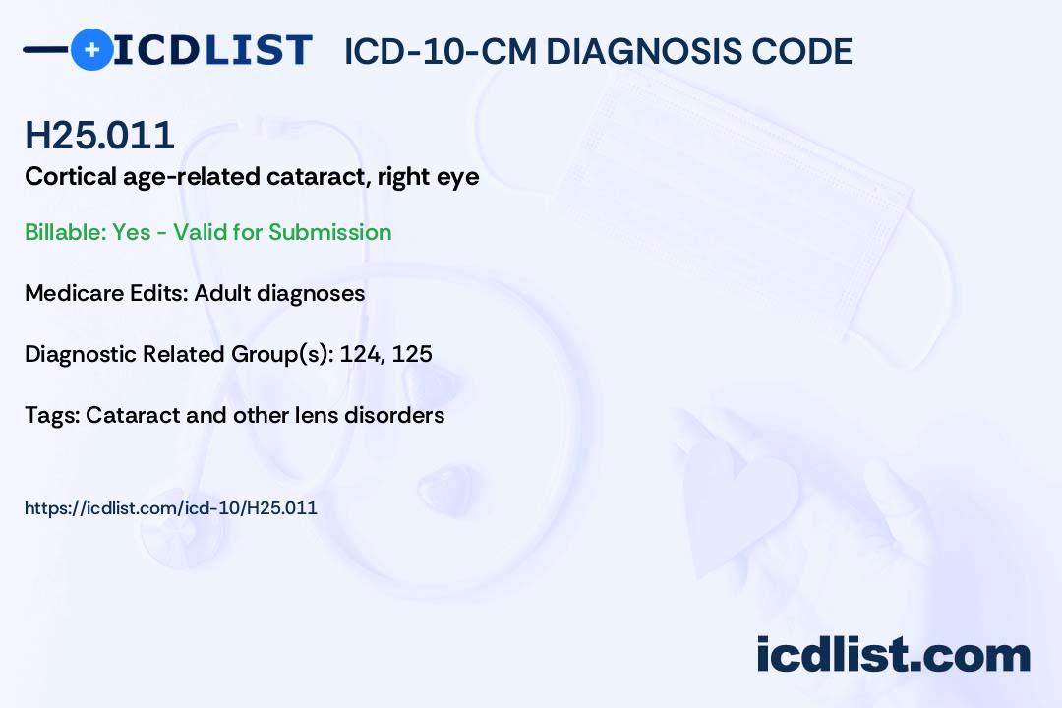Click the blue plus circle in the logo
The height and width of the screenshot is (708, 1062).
pyautogui.click(x=91, y=49)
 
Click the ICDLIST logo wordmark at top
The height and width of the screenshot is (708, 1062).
pyautogui.click(x=211, y=49)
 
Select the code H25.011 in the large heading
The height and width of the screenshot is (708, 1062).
pyautogui.click(x=99, y=136)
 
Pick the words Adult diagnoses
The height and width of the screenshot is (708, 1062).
pyautogui.click(x=279, y=293)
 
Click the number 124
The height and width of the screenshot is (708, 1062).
pyautogui.click(x=359, y=354)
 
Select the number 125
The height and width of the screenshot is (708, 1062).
pyautogui.click(x=412, y=354)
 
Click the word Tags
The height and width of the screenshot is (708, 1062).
pyautogui.click(x=50, y=415)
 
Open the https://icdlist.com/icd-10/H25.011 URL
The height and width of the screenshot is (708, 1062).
pyautogui.click(x=170, y=508)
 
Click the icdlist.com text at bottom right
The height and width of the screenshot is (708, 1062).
pyautogui.click(x=893, y=654)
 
